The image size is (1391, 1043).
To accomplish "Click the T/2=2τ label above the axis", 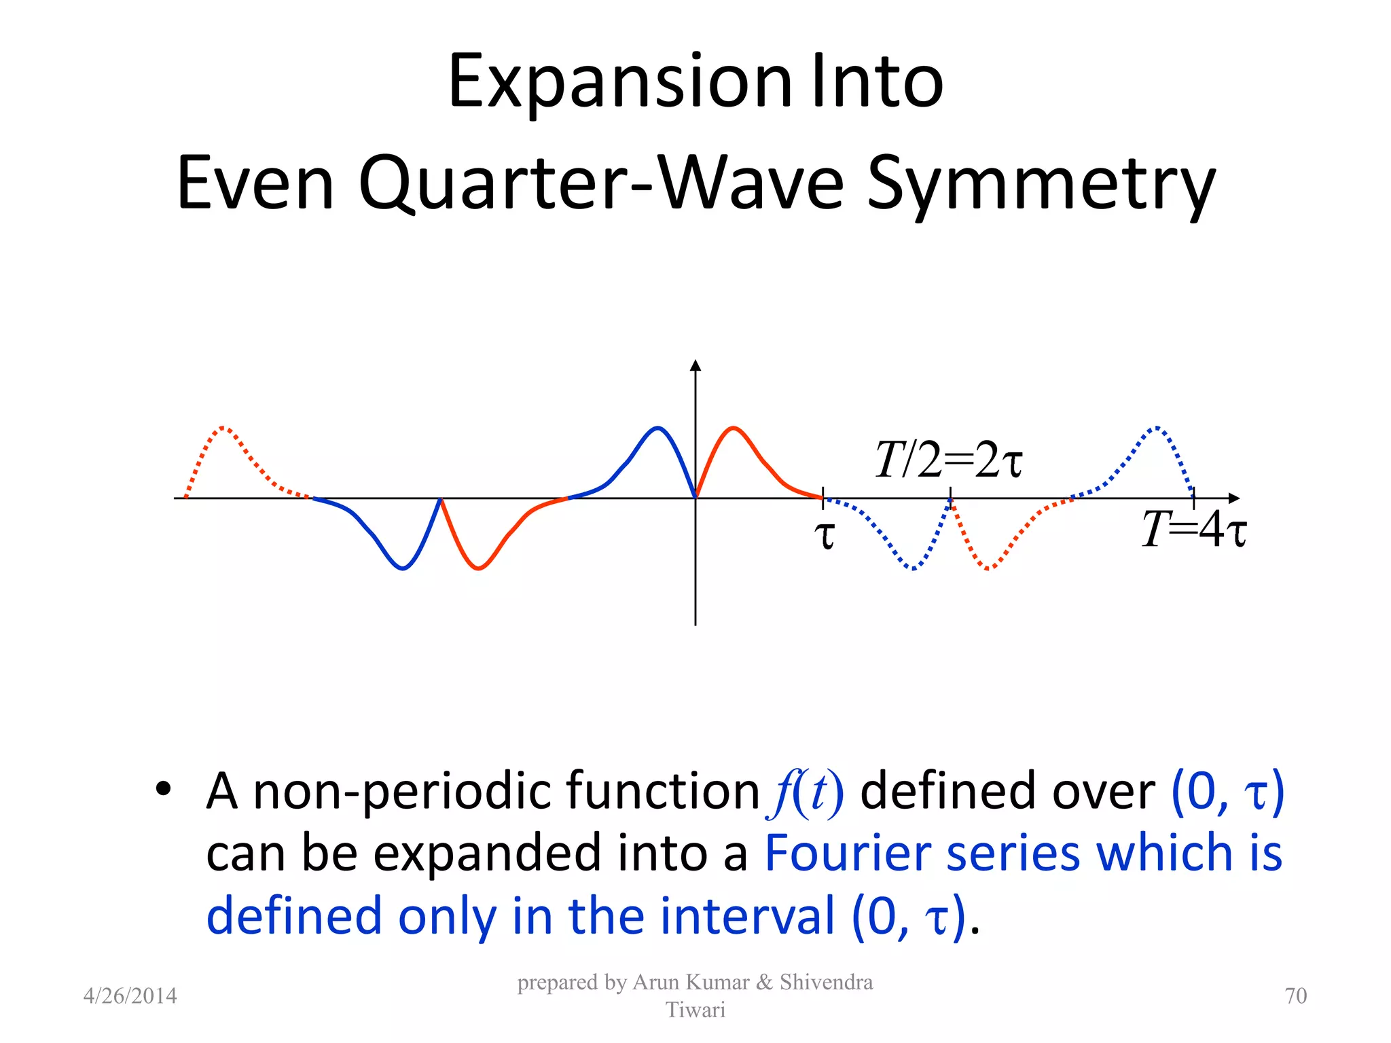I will point(948,460).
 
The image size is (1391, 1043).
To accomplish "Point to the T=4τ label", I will point(1193,530).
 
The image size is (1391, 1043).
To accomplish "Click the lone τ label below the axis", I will point(824,535).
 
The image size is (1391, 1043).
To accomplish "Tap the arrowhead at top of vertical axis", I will point(695,365).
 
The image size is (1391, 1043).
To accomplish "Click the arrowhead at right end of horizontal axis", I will point(1234,498).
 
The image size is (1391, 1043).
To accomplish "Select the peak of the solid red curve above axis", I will point(734,428).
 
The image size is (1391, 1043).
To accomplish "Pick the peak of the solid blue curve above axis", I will point(657,428).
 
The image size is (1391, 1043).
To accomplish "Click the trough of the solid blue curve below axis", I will point(403,568).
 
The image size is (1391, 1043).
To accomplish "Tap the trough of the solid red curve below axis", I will point(478,568).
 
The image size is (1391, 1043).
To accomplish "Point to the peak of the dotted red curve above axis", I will point(225,428).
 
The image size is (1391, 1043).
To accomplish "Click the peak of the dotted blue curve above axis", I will point(1157,428).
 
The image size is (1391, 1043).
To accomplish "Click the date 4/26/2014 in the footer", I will point(130,995).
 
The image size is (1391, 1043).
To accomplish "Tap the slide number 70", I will point(1295,995).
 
